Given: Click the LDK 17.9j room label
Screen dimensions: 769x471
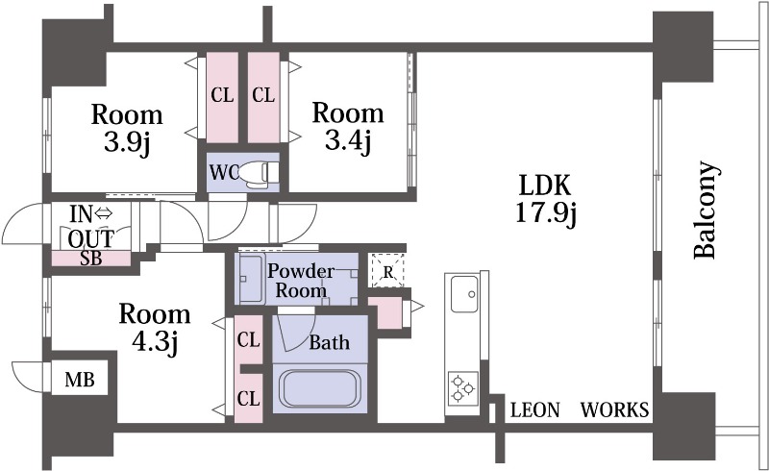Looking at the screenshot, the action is (545, 200).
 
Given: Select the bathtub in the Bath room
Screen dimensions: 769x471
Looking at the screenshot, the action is (320, 388).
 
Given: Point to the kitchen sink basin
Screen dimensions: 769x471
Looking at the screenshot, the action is (464, 294).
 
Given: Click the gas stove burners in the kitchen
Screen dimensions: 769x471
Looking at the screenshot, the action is (462, 388).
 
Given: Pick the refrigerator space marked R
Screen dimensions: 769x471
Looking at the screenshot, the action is (387, 271).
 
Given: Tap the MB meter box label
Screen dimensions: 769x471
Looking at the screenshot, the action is (80, 380).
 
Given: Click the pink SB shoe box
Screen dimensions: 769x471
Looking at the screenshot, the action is (91, 259).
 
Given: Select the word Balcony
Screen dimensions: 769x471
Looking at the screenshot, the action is (707, 210).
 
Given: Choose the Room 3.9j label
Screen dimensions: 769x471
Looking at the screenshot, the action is (127, 128).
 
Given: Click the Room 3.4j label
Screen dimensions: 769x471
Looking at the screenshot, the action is (348, 127).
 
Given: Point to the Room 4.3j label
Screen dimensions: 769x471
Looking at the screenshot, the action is (155, 328).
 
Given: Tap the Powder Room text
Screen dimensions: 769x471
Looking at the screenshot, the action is (301, 280).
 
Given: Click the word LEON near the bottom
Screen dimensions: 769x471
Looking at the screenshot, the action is (534, 409).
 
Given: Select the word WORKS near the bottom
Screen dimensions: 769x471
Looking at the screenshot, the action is (615, 409).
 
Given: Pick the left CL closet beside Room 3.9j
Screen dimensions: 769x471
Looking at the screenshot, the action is (222, 97).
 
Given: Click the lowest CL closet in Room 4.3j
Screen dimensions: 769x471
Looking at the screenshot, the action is (249, 398).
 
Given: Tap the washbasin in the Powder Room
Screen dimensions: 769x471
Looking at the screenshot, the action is (252, 279).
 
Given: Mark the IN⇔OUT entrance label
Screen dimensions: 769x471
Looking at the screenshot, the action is (91, 227).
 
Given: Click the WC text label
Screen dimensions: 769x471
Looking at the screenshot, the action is (224, 172).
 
